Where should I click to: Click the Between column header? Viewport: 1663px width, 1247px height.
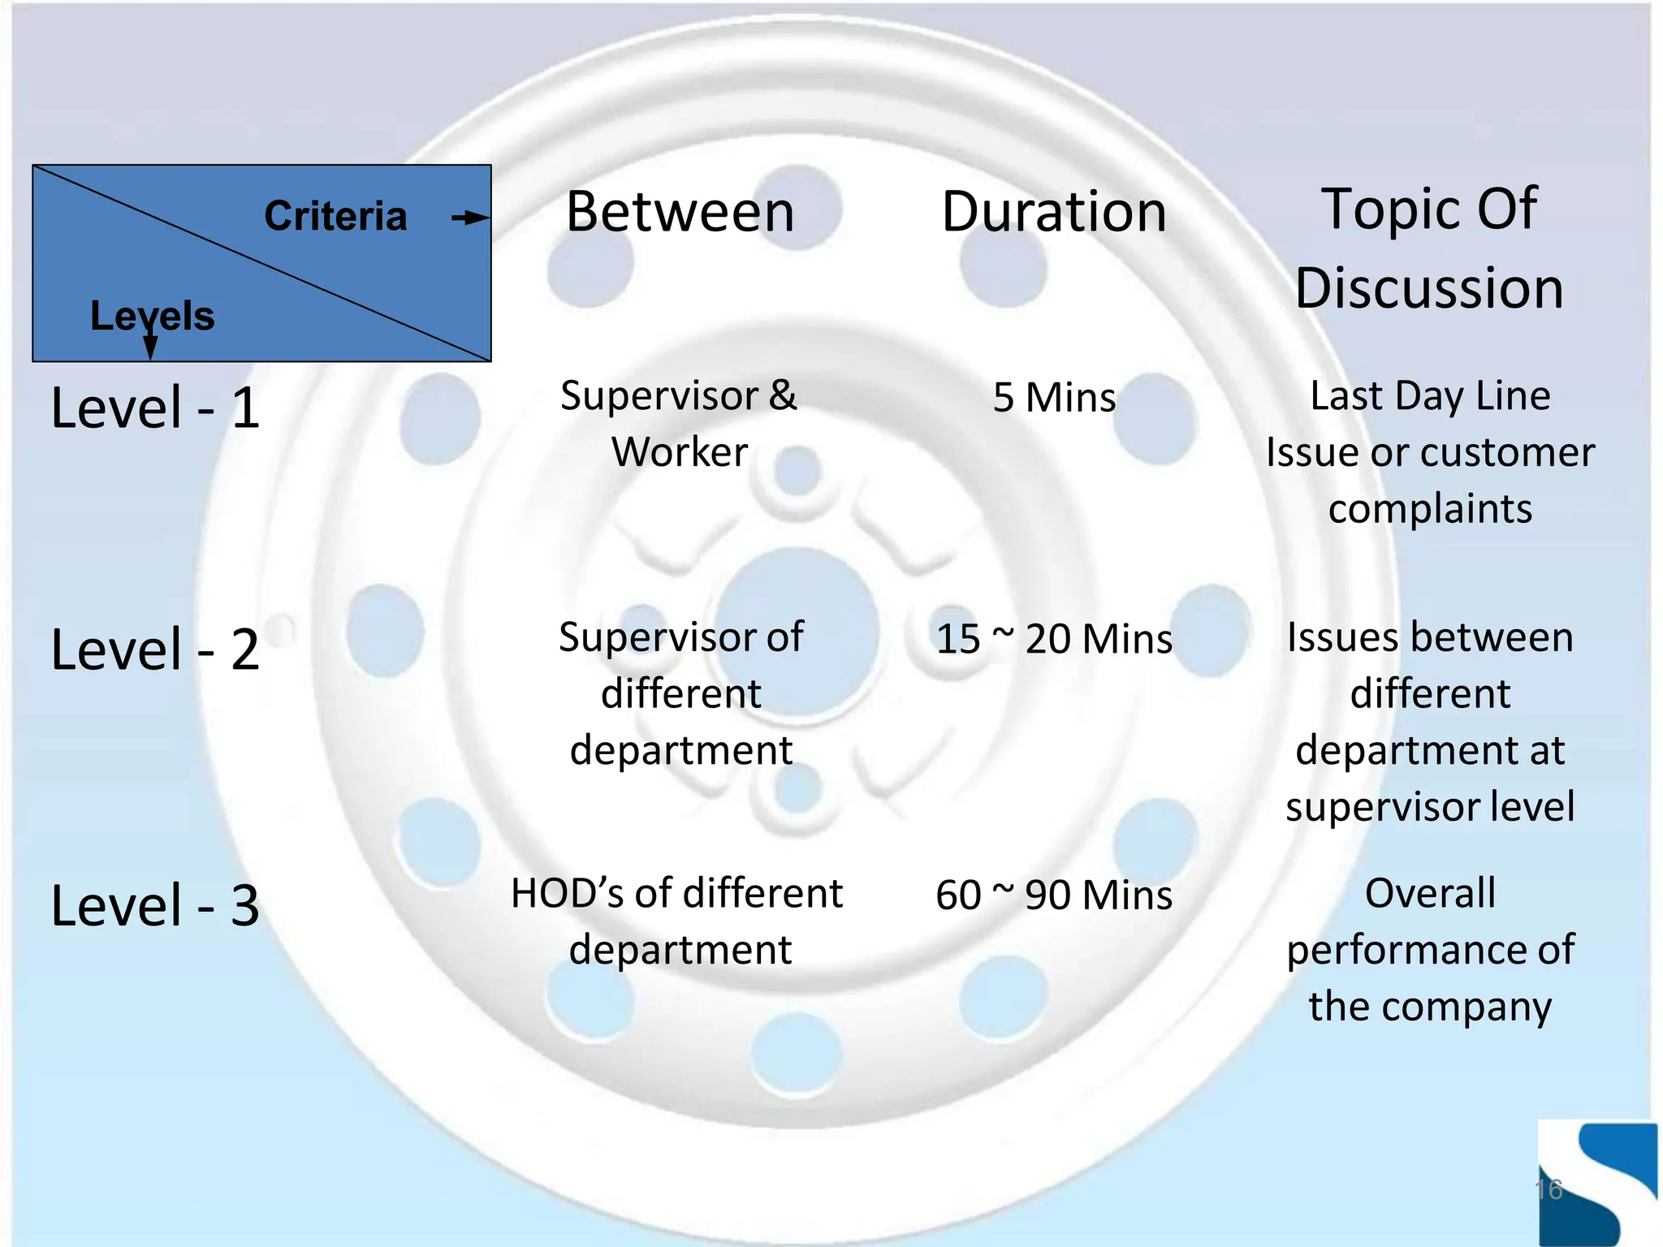coord(680,212)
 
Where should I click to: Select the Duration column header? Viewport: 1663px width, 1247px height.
coord(1053,212)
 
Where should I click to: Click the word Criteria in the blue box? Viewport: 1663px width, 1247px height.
coord(335,216)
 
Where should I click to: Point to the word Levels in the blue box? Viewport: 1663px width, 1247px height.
coord(152,315)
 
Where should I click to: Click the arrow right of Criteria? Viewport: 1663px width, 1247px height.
coord(471,217)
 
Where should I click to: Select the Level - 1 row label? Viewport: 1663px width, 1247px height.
coord(155,408)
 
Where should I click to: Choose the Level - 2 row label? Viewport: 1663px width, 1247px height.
coord(155,649)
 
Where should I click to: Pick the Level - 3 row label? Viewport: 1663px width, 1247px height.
coord(155,905)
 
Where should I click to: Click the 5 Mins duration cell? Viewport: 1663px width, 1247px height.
coord(1054,398)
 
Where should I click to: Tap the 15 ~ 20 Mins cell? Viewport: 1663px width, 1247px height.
coord(1054,639)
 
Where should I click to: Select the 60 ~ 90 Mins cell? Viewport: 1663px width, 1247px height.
coord(1054,895)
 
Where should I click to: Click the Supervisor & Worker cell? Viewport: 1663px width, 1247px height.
coord(680,424)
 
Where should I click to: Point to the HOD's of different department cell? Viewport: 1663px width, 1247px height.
coord(678,921)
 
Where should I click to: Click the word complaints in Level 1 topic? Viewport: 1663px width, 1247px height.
coord(1430,509)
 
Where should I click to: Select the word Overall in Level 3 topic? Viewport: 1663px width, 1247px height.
coord(1430,893)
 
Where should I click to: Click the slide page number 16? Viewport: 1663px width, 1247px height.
coord(1549,1189)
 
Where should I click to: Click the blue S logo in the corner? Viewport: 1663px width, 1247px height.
coord(1597,1181)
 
